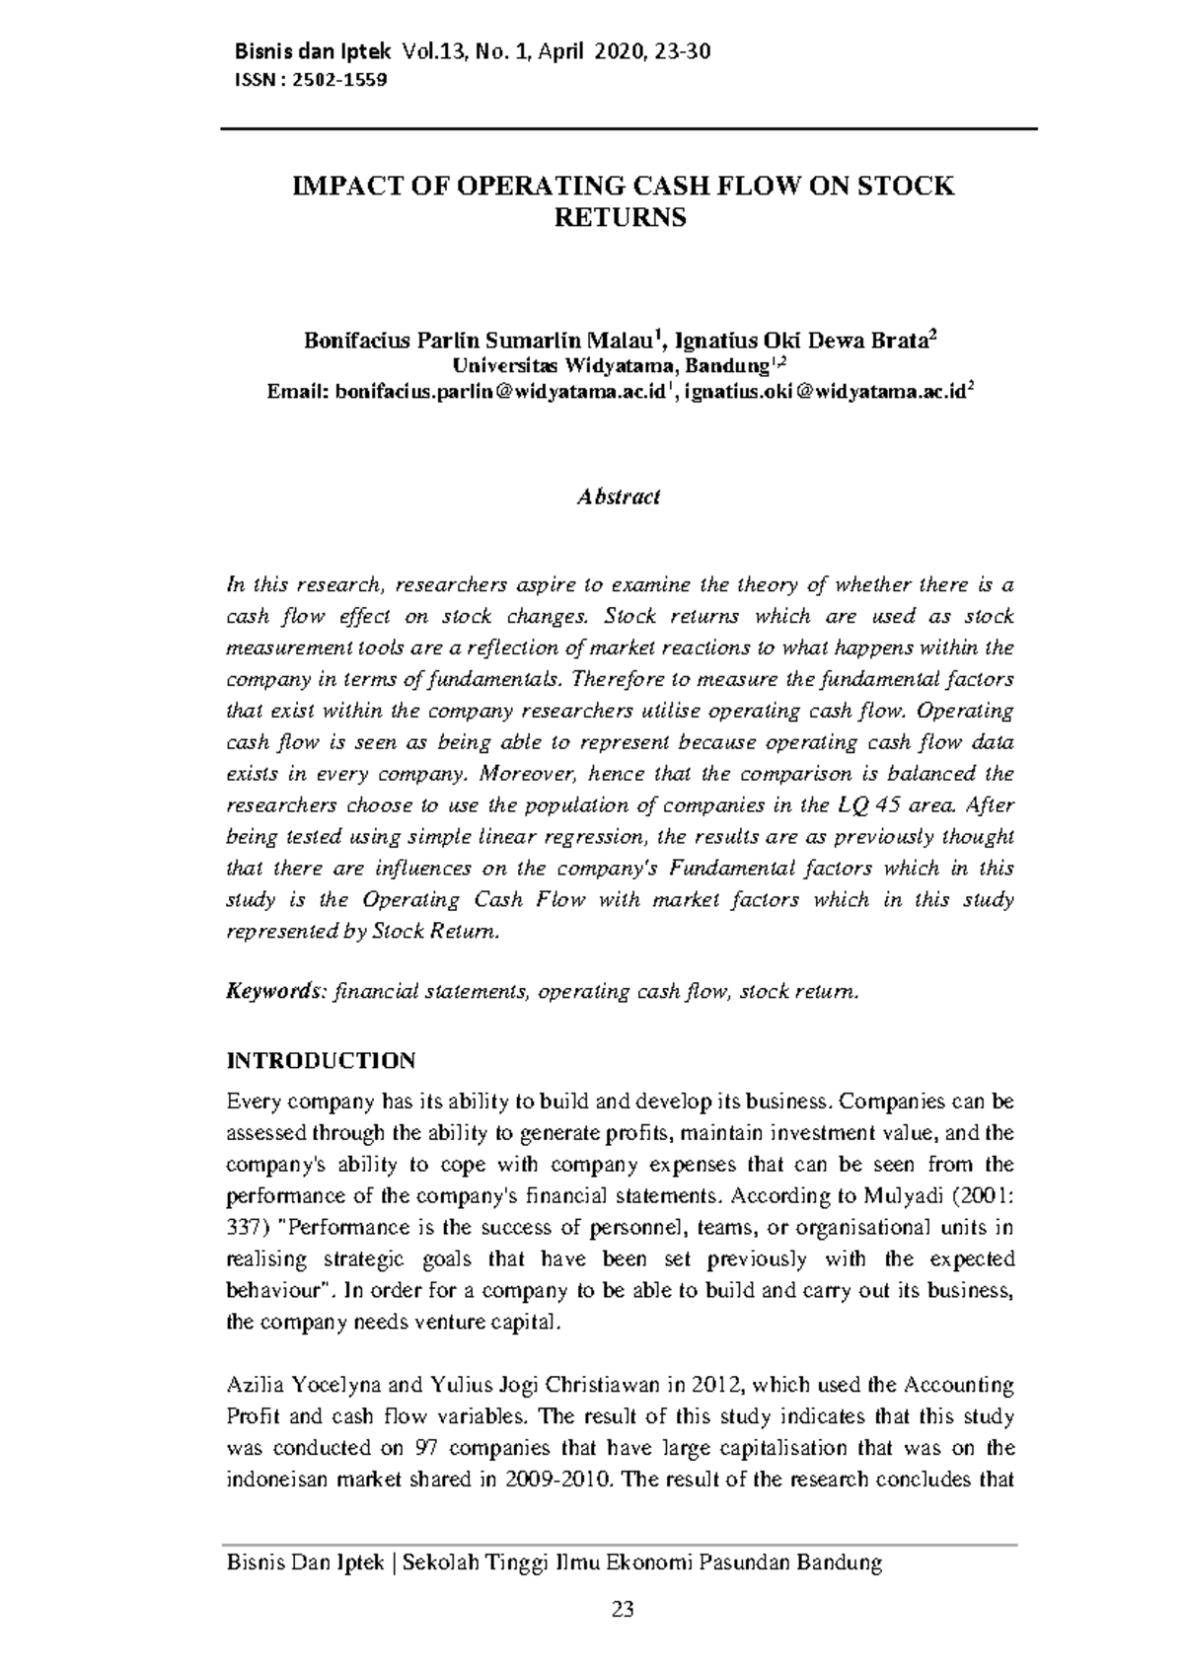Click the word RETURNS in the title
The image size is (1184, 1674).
pyautogui.click(x=620, y=218)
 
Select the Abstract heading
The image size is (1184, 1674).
pyautogui.click(x=619, y=496)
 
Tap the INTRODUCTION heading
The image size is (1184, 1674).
pyautogui.click(x=322, y=1061)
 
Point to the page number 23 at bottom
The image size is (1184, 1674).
pyautogui.click(x=622, y=1610)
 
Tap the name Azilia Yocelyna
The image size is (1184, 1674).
pyautogui.click(x=300, y=1386)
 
